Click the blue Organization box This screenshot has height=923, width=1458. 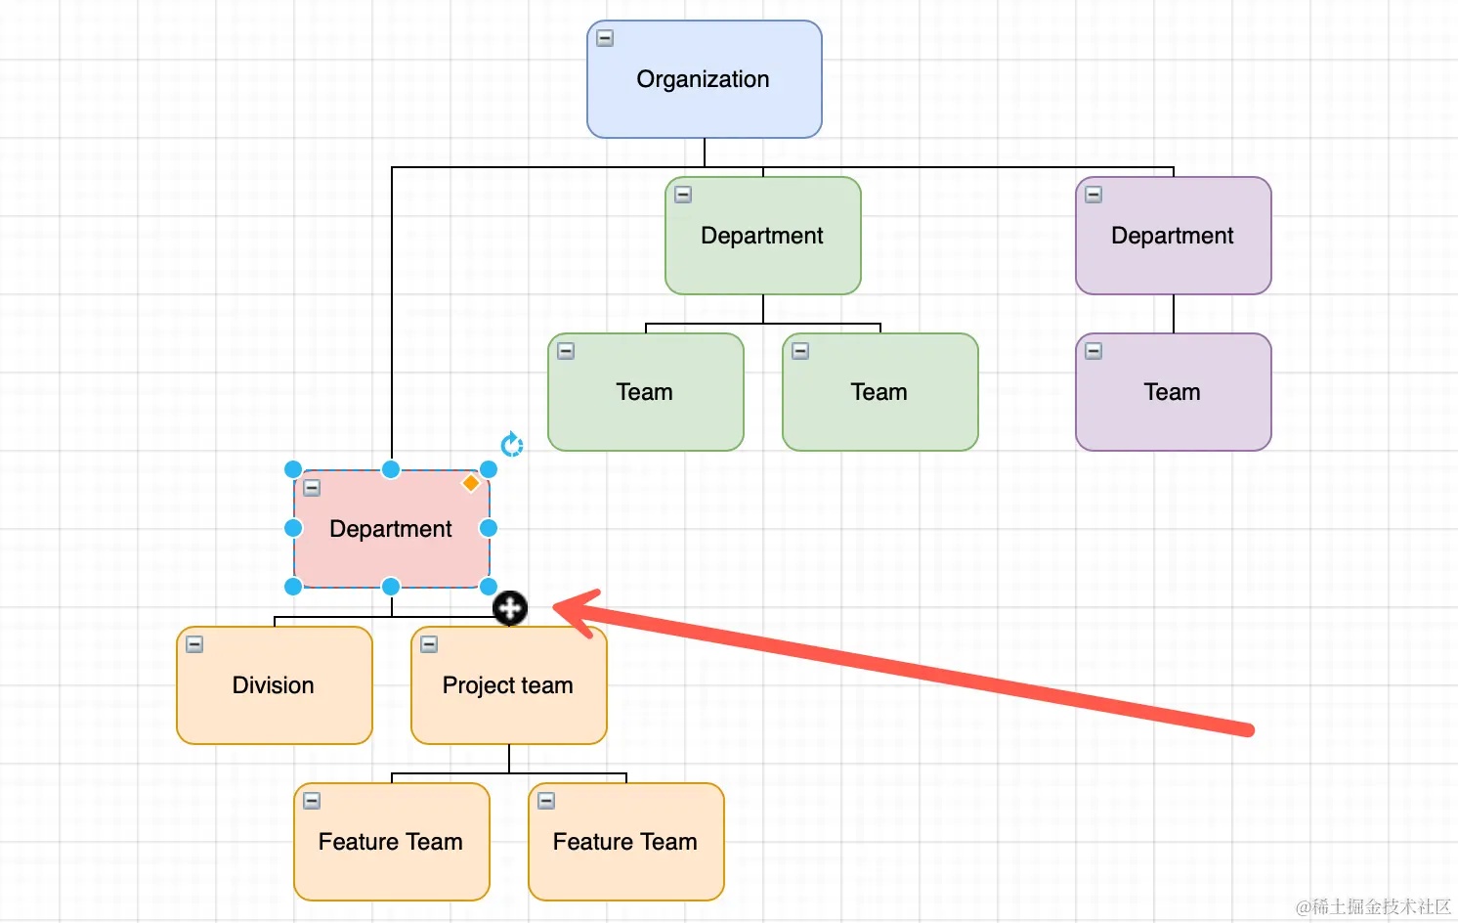tap(704, 79)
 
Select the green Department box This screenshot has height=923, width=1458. tap(762, 236)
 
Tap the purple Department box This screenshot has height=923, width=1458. tap(1173, 236)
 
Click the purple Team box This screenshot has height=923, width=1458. tap(1173, 392)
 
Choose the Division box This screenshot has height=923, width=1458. tap(274, 685)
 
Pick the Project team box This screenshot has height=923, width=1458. tap(508, 685)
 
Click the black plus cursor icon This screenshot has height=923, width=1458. tap(510, 608)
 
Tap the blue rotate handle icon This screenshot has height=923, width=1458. tap(512, 445)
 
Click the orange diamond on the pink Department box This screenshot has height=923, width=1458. tap(471, 483)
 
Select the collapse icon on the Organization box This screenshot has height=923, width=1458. tap(605, 38)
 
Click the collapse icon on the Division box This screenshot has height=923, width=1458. tap(194, 644)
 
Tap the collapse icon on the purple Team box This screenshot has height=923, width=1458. tap(1093, 351)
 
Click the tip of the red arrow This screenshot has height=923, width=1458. tap(557, 607)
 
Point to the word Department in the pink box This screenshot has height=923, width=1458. tap(391, 529)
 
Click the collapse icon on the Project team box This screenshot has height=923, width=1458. tap(429, 644)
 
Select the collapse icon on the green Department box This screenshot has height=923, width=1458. tap(683, 195)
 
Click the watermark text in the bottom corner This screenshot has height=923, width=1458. tap(1373, 906)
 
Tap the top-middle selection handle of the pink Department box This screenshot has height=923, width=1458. tap(391, 469)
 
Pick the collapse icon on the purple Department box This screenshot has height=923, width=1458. tap(1093, 195)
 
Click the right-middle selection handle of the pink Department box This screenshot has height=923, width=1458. tap(489, 528)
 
